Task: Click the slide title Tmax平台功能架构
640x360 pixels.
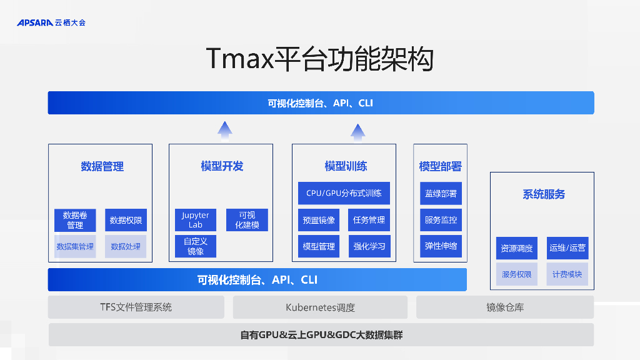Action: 320,59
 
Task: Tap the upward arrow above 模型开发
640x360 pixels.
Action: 225,129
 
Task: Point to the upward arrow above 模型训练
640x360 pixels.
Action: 357,131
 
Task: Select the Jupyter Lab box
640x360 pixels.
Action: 196,220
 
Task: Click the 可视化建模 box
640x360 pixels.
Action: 247,220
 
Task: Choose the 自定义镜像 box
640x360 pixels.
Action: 196,246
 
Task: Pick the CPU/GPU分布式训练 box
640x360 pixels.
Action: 344,193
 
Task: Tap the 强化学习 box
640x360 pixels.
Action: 369,246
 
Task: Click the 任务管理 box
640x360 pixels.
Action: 369,220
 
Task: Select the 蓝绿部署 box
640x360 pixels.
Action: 441,194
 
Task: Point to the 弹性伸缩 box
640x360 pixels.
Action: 441,246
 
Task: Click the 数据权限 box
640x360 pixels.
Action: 126,220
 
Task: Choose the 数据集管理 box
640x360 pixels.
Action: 75,246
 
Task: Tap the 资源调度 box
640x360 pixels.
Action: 517,248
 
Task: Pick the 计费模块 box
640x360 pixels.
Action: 567,274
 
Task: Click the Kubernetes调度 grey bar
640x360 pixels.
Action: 320,307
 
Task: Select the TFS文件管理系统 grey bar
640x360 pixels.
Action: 136,307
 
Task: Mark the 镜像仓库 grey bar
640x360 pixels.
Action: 505,307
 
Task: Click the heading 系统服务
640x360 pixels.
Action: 544,194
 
